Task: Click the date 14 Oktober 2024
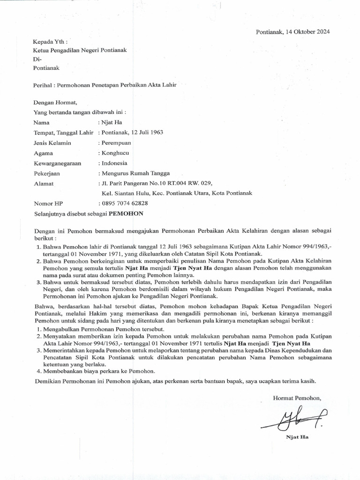point(310,32)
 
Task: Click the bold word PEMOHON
point(126,213)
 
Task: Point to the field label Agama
point(44,153)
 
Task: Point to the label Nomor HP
point(48,203)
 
